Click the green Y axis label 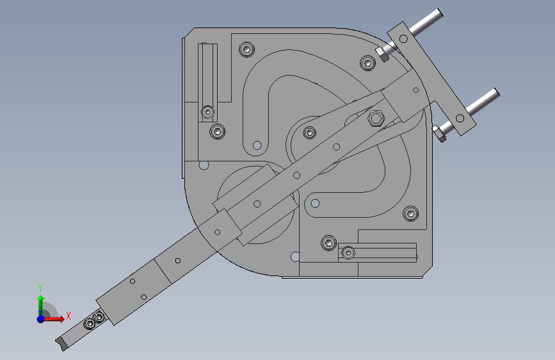point(40,288)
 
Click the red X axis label point(68,316)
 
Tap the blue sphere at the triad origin point(41,319)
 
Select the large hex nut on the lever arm point(376,118)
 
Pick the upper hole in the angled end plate point(403,38)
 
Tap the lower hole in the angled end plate point(460,118)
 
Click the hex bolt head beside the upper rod point(382,54)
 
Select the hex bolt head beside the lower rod point(439,134)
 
